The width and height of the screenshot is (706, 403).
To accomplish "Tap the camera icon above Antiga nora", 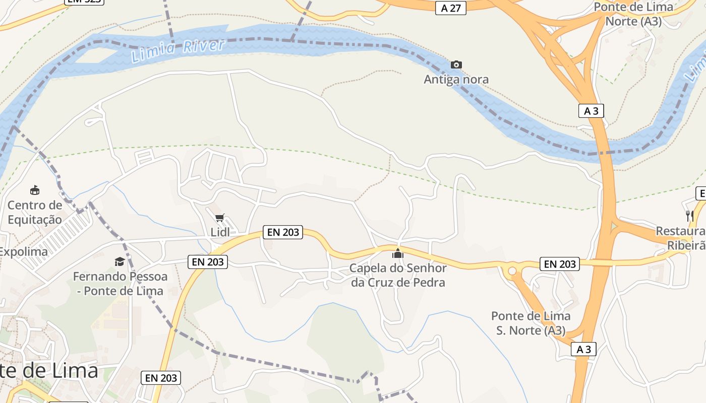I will [456, 64].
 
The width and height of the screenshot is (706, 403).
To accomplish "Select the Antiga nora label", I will [456, 79].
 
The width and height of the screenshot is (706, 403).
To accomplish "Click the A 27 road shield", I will [451, 8].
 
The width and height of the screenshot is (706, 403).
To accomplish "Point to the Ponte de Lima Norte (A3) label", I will [633, 14].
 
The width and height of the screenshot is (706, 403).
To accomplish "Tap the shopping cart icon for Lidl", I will [219, 218].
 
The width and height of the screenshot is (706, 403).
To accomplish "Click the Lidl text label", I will [220, 232].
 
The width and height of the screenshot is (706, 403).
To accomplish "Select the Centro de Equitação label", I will [35, 212].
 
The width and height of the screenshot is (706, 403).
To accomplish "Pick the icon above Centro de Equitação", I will [35, 190].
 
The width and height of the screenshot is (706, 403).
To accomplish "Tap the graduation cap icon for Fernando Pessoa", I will [120, 261].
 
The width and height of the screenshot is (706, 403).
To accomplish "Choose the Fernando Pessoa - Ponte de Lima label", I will [120, 284].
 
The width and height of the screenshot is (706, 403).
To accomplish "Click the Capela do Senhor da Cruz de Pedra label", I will [398, 275].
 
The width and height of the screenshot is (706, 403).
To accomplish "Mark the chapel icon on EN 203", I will [398, 253].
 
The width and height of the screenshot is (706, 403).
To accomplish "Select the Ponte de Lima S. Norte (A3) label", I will [531, 323].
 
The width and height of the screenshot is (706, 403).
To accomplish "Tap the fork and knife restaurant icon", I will [689, 216].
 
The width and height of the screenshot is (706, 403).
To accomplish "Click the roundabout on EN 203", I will [512, 271].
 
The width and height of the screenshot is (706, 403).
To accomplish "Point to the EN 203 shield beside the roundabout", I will [560, 263].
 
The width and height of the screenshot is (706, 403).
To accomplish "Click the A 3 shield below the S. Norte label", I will [583, 349].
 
